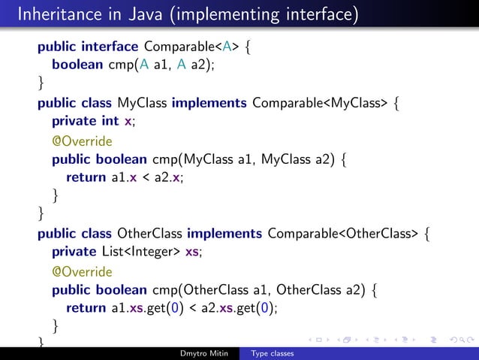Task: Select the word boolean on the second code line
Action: (x=77, y=65)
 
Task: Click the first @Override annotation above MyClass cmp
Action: (x=82, y=141)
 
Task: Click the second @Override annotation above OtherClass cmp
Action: (x=82, y=271)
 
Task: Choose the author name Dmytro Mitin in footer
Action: (x=205, y=353)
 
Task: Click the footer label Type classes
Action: (x=272, y=353)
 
